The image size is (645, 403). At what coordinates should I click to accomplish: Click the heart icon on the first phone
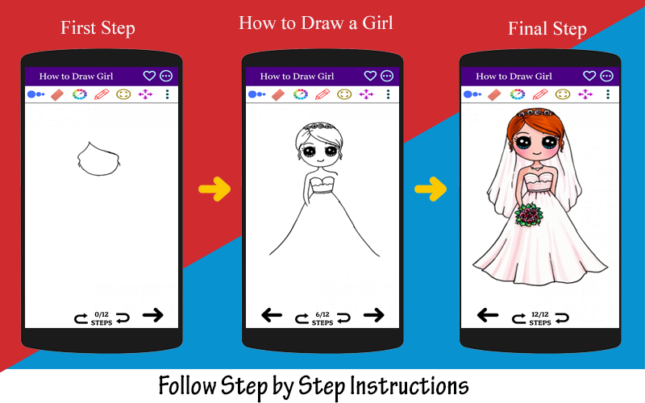pos(149,76)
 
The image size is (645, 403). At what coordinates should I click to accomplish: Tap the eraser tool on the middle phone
pos(278,95)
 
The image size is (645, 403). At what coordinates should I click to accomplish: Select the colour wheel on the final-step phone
pos(517,94)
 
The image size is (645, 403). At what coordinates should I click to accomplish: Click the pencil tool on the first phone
pos(102,94)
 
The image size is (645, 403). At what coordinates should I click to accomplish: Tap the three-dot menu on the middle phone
pos(388,94)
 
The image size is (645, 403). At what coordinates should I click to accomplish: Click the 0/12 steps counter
pos(102,318)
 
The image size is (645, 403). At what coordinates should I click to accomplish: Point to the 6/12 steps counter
pos(322,318)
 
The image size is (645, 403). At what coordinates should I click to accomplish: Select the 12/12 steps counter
pos(540,318)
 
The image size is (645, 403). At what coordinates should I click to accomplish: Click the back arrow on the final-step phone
pos(488,315)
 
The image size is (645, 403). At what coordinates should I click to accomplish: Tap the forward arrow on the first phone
pos(153,315)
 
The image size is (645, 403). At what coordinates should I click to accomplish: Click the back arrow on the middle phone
pos(272,315)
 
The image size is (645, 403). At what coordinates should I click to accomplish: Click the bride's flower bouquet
pos(529,214)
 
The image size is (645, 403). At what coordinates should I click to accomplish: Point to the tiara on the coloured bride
pos(535,112)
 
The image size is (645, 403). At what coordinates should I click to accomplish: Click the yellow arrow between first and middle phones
pos(214,189)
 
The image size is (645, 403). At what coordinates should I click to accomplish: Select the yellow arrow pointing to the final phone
pos(431,189)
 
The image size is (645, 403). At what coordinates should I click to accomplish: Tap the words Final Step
pos(547,29)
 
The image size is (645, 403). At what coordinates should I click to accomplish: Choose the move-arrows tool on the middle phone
pos(366,94)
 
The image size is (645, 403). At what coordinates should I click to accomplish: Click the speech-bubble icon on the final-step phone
pos(607,76)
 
